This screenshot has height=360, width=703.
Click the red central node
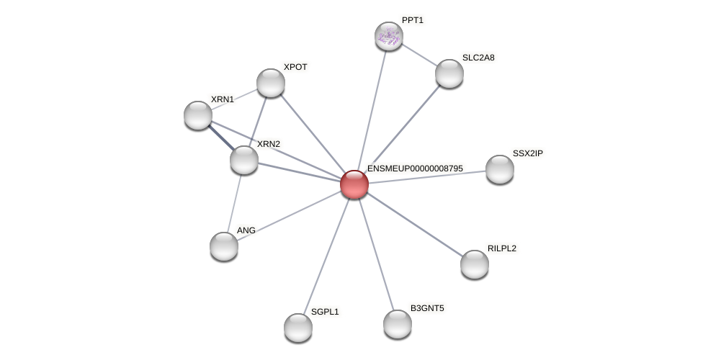354,184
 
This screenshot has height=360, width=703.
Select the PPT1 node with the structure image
389,36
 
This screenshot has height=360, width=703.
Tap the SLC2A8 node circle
449,73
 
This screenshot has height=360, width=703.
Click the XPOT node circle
271,83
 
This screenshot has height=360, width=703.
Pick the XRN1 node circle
198,115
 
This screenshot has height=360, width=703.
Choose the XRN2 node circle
244,160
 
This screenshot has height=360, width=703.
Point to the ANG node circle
224,246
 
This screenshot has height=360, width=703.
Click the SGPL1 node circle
298,328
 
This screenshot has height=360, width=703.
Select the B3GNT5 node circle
398,324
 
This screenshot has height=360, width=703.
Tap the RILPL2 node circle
475,264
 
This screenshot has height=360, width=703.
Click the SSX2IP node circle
500,169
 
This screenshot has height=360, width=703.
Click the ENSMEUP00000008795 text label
415,168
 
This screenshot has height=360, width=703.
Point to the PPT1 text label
413,20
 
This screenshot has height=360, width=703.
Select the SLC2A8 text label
478,58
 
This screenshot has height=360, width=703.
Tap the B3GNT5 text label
427,308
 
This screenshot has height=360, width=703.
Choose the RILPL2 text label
501,248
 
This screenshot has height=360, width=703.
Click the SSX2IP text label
528,153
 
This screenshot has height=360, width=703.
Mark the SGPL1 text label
325,312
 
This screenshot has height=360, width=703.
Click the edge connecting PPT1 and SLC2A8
419,55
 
